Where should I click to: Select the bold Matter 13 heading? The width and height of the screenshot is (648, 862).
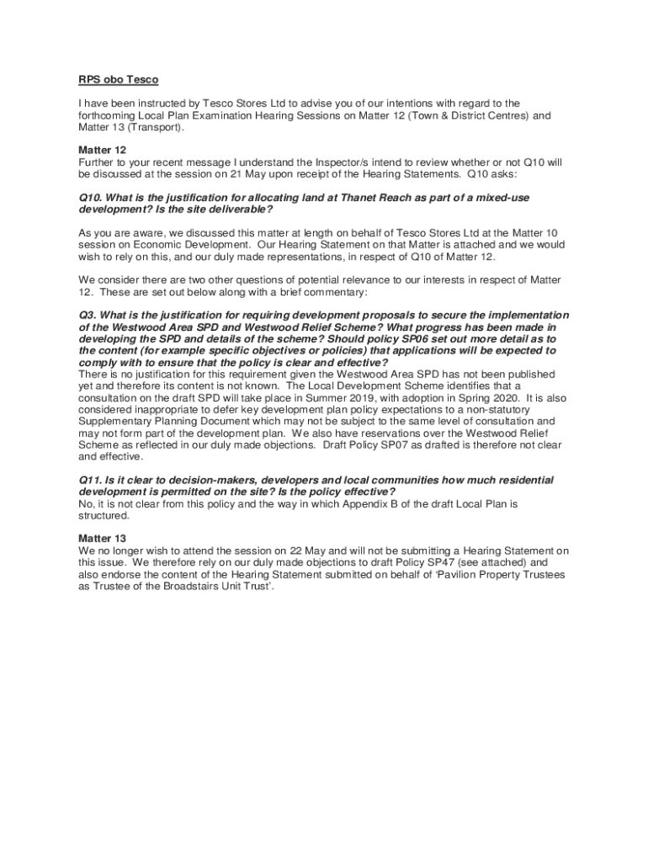(x=103, y=538)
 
